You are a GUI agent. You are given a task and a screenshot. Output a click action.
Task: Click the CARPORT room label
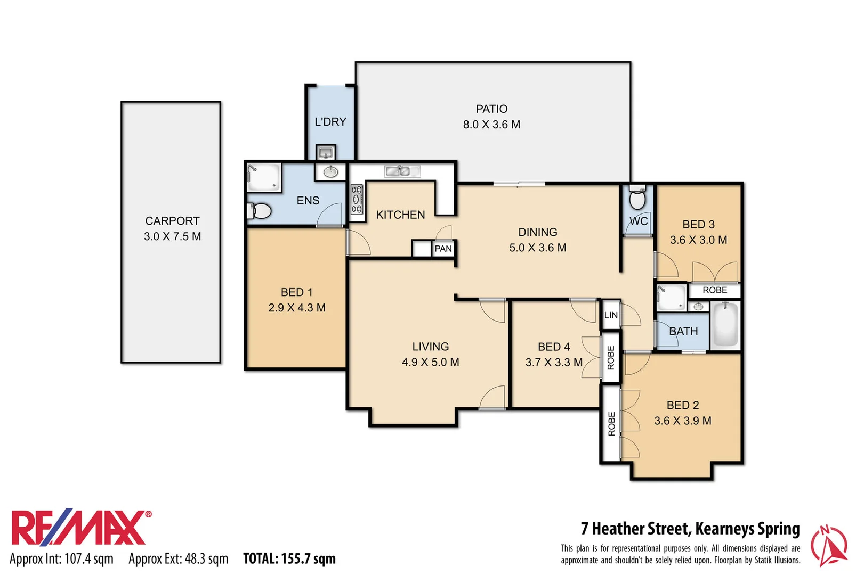pos(172,220)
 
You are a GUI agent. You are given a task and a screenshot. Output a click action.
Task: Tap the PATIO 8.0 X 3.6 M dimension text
pos(491,125)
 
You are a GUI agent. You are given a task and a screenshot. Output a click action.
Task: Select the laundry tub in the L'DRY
pos(325,153)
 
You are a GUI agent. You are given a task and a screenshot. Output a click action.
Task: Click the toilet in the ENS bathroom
pos(259,211)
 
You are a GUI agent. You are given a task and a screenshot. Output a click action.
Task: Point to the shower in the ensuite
pos(263,177)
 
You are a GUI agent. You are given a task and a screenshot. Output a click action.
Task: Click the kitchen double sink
pos(402,171)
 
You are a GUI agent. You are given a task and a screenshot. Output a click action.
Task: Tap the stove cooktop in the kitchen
pos(357,200)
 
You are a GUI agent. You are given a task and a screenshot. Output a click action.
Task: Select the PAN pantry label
pos(443,249)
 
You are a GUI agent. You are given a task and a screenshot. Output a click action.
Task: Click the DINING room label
pos(537,232)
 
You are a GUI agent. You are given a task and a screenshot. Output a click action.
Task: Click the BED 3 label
pos(698,225)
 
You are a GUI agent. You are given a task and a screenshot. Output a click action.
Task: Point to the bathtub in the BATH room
pos(725,324)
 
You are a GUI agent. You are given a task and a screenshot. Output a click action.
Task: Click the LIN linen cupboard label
pos(611,315)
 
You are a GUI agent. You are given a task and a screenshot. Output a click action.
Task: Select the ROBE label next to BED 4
pos(611,357)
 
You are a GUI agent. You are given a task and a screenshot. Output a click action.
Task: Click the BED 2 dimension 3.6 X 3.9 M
pos(682,421)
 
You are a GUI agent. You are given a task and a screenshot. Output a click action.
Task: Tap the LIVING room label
pos(430,347)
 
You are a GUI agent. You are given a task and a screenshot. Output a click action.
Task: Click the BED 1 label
pos(296,292)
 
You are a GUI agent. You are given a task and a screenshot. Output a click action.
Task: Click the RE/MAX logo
pos(80,528)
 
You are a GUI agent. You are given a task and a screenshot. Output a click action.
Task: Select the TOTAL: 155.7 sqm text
pos(289,558)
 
